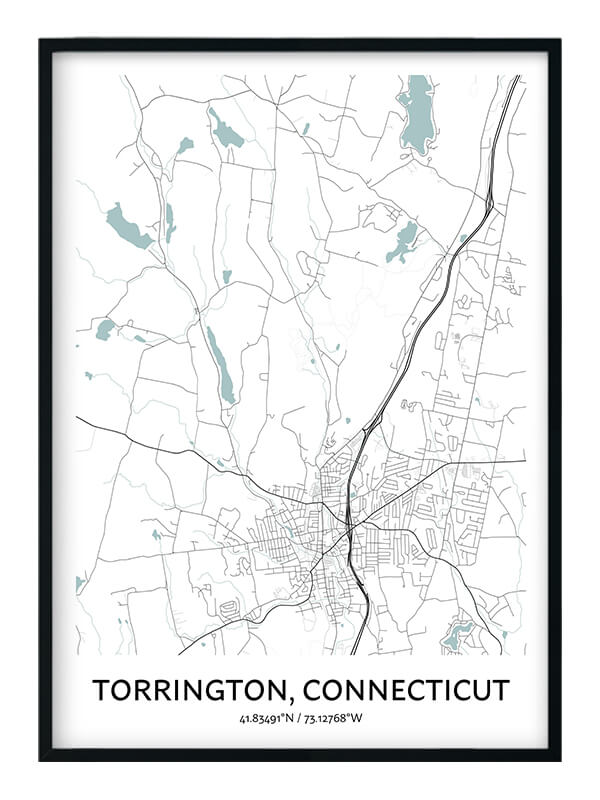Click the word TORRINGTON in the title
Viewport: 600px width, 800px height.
190,690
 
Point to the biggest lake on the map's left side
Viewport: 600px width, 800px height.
128,227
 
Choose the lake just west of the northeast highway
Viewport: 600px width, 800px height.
403,241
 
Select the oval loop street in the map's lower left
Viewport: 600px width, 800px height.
228,609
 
